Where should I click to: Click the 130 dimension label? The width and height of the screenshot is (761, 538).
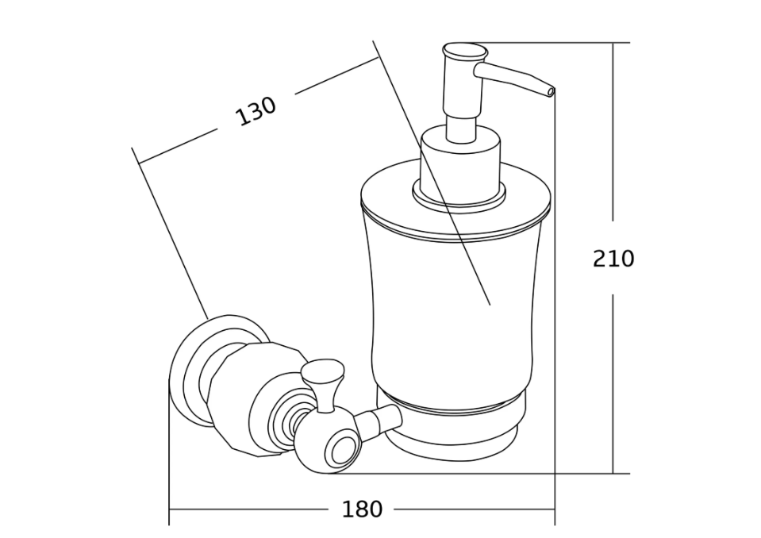[256, 111]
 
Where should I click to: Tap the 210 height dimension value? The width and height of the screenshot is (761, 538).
[613, 259]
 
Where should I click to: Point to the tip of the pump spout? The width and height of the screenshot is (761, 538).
[551, 92]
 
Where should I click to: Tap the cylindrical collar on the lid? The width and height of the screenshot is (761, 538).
[460, 167]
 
